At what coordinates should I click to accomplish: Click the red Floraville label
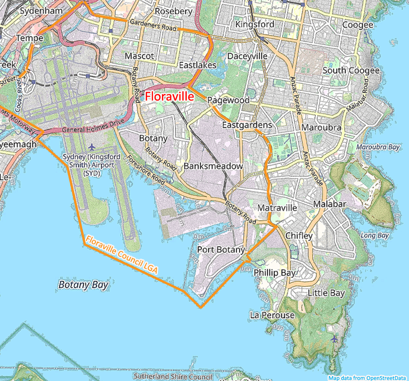point(169,96)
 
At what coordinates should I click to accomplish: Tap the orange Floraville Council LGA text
point(121,255)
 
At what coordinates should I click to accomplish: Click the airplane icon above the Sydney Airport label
point(92,147)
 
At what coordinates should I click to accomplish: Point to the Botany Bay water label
point(83,285)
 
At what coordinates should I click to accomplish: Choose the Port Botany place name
point(221,250)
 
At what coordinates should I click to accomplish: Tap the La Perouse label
point(272,315)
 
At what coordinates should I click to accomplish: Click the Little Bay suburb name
point(326,293)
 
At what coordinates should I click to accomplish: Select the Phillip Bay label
point(274,273)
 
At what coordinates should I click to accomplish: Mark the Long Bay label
point(374,235)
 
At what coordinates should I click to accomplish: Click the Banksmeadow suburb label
point(213,166)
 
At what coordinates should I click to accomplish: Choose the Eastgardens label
point(247,125)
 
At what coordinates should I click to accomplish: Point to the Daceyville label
point(247,56)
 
